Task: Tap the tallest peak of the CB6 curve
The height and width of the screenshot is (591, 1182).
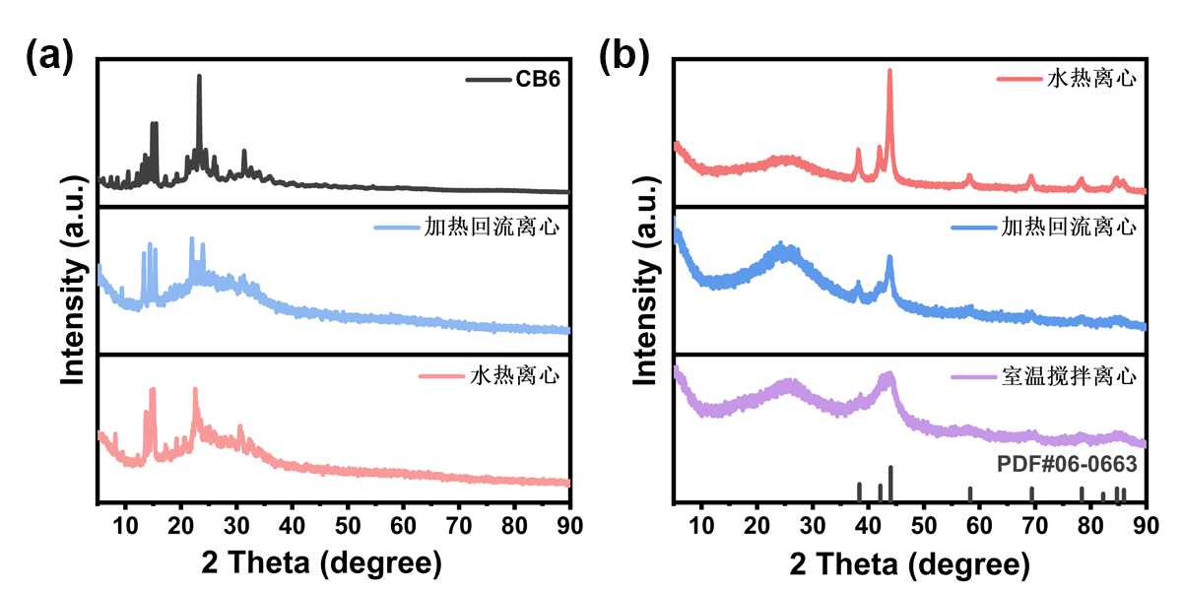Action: (x=199, y=78)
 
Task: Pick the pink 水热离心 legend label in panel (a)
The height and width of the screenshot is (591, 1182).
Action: (x=513, y=375)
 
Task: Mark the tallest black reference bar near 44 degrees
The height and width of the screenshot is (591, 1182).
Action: (x=890, y=484)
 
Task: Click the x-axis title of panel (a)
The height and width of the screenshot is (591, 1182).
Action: (x=320, y=563)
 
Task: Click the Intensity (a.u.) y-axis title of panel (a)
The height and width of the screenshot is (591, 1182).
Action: (x=73, y=280)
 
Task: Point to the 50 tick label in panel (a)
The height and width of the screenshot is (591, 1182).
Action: (x=347, y=525)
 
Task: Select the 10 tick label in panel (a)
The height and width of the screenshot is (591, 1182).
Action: (x=125, y=525)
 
